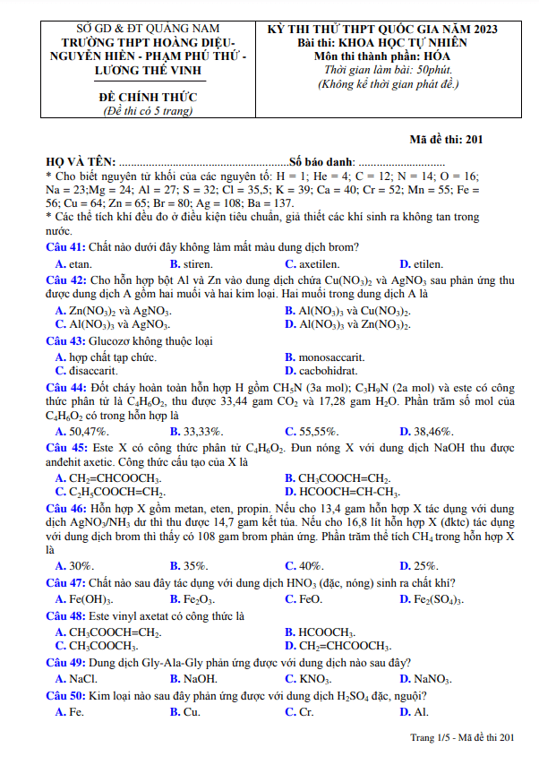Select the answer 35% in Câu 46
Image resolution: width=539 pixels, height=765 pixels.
click(194, 565)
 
